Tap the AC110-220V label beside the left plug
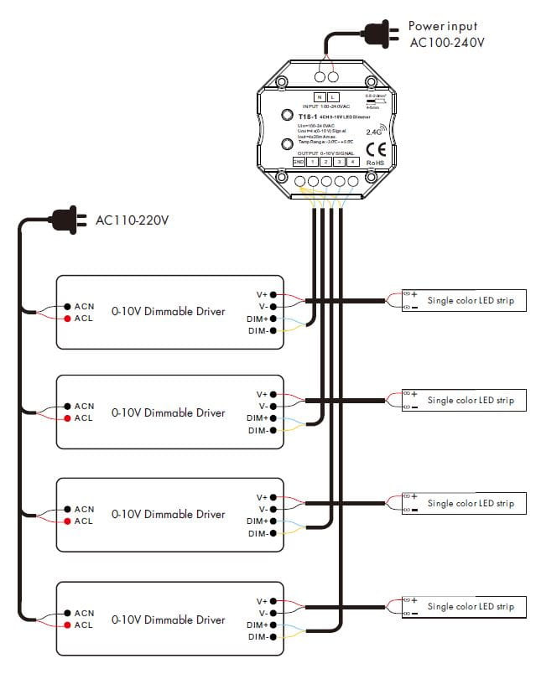[x=133, y=221]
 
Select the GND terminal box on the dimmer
[x=299, y=161]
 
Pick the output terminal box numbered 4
[x=352, y=161]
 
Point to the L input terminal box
[x=333, y=98]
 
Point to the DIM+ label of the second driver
[x=257, y=418]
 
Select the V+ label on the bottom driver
[x=262, y=602]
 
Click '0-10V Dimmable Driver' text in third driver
[x=168, y=515]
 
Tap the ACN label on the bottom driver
[x=84, y=613]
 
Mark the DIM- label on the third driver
[x=257, y=533]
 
